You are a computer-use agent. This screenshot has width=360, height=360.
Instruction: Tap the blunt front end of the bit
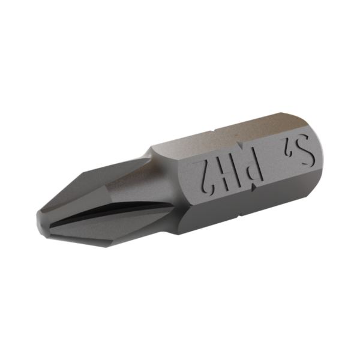(x=40, y=221)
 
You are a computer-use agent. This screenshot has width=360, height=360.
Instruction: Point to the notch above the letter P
(x=241, y=145)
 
